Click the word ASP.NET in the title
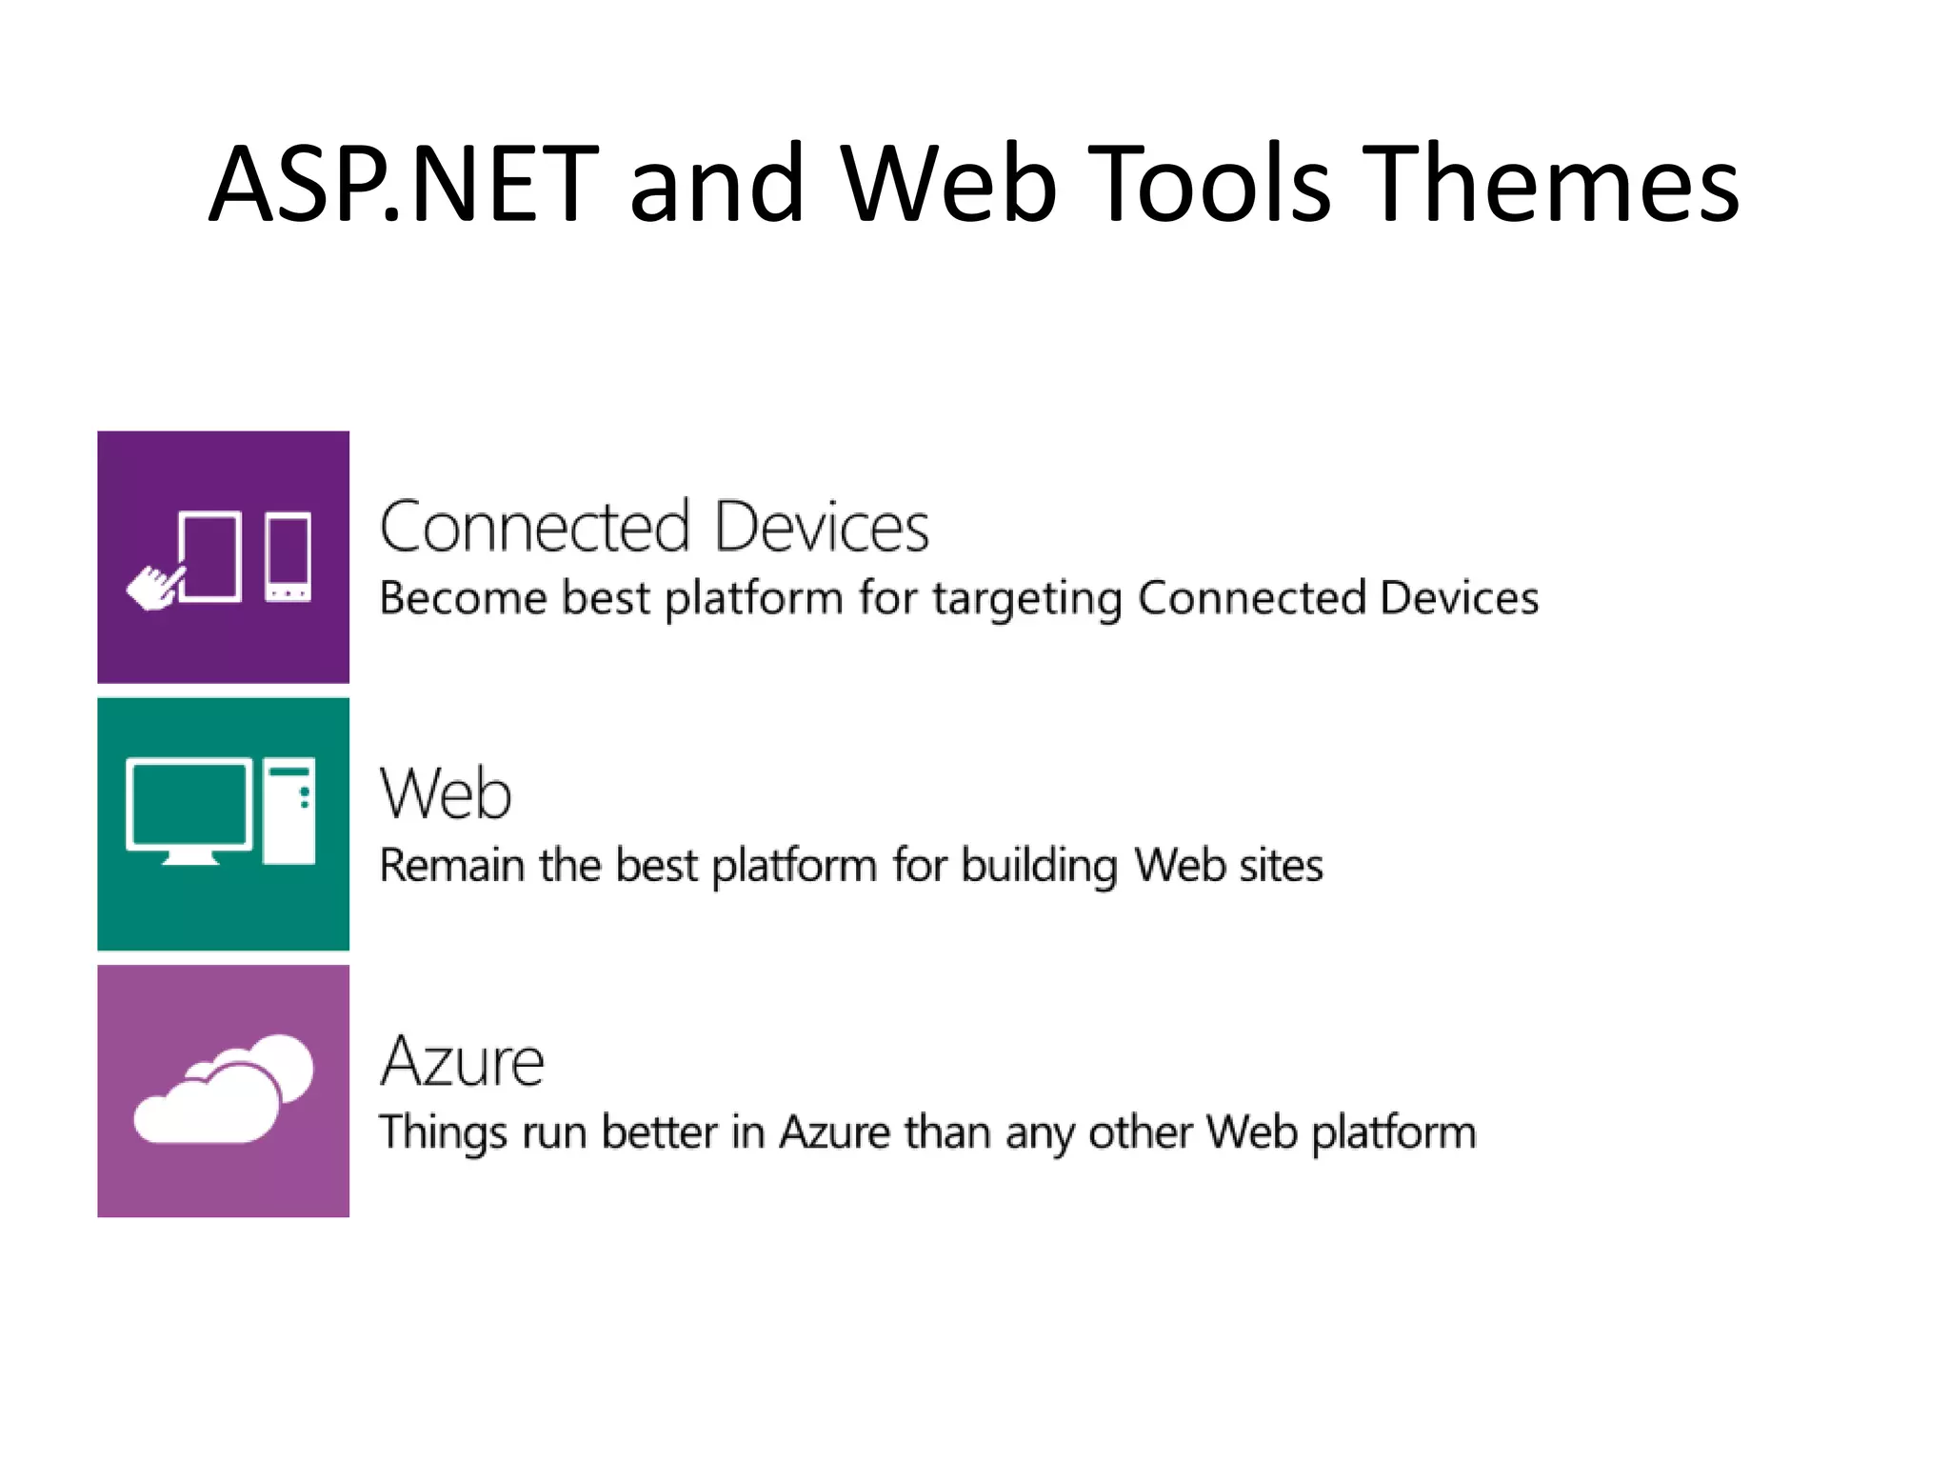[x=405, y=183]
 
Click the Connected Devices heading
[x=654, y=527]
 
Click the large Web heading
[x=446, y=793]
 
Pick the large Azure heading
[x=462, y=1061]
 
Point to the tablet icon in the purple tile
[x=210, y=557]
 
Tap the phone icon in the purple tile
[x=288, y=557]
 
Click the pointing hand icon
[x=152, y=587]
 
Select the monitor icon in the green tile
[x=189, y=810]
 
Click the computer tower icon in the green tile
[x=289, y=810]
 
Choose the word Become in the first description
[x=463, y=598]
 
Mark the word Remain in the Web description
[x=451, y=866]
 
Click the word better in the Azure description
[x=659, y=1132]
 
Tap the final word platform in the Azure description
[x=1394, y=1133]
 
